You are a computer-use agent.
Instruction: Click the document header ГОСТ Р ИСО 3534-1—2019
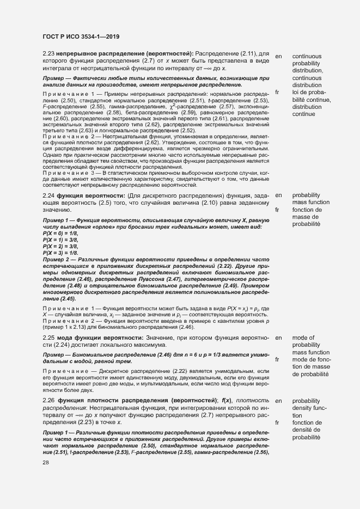pyautogui.click(x=81, y=37)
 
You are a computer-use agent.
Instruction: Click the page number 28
pyautogui.click(x=46, y=462)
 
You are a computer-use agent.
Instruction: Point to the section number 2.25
pyautogui.click(x=48, y=338)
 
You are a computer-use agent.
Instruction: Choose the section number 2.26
pyautogui.click(x=48, y=400)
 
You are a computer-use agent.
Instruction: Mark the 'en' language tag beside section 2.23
pyautogui.click(x=279, y=56)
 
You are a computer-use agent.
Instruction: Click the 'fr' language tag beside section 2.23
pyautogui.click(x=278, y=91)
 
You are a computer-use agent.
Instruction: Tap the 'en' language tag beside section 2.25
pyautogui.click(x=279, y=338)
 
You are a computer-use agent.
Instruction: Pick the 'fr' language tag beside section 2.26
pyautogui.click(x=278, y=422)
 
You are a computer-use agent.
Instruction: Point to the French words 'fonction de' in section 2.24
pyautogui.click(x=307, y=210)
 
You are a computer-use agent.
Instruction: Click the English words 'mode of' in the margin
pyautogui.click(x=303, y=338)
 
